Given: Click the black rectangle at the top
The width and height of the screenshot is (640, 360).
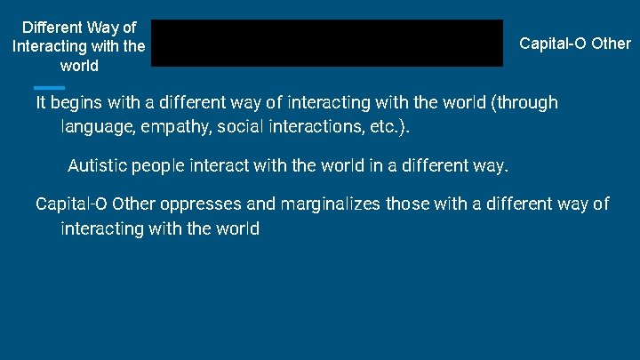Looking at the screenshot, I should (x=326, y=43).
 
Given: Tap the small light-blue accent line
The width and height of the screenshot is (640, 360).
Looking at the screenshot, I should (x=49, y=87).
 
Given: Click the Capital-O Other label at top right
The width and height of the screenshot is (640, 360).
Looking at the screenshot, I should (x=574, y=43).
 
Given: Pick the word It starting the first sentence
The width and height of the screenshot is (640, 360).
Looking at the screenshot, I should (x=41, y=102).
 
